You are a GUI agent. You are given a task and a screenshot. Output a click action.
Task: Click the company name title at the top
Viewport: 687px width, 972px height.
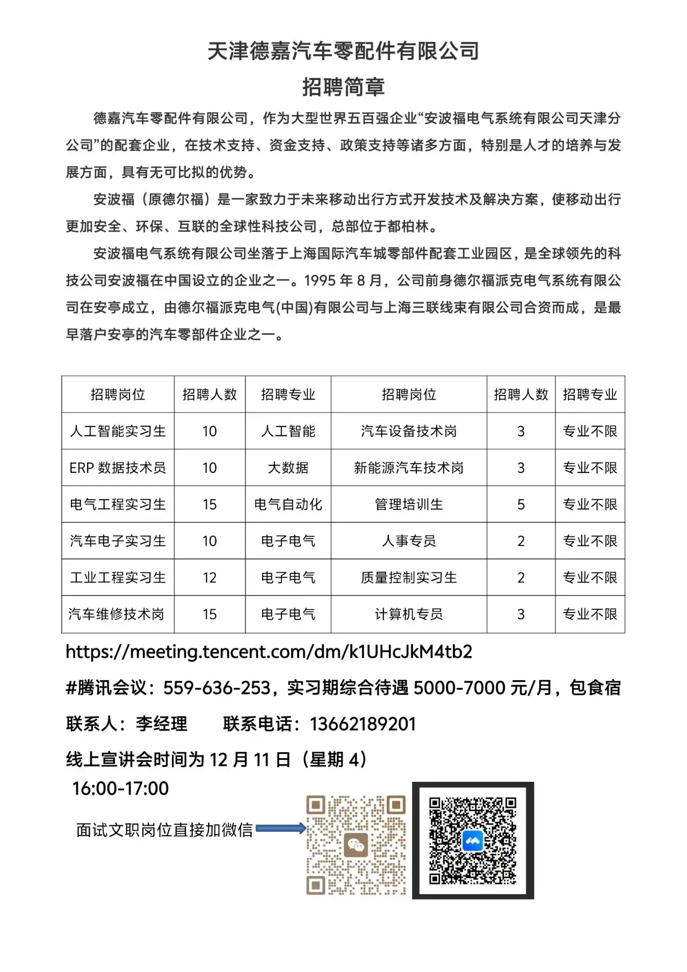343,51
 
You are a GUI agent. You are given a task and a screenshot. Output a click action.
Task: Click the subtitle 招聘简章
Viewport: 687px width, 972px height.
343,87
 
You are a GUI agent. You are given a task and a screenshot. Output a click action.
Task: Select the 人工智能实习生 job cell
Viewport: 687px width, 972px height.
118,431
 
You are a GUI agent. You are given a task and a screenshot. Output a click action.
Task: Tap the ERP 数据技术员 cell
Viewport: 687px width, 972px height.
118,467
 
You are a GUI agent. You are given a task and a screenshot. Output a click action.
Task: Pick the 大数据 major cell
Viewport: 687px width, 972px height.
288,467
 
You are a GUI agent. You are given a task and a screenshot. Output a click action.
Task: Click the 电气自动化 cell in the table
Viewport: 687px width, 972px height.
288,504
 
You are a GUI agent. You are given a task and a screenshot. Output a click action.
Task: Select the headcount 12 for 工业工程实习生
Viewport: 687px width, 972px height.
209,578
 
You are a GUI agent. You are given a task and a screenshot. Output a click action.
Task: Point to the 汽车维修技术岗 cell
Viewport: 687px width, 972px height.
117,614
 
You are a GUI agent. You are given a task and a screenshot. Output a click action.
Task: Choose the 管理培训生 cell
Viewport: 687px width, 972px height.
409,504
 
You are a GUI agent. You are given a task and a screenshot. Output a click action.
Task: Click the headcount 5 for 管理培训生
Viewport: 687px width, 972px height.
520,504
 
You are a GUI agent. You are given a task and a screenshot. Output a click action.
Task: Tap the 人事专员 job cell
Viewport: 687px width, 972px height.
409,541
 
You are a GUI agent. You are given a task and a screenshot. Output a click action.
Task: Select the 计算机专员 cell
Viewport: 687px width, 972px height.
409,614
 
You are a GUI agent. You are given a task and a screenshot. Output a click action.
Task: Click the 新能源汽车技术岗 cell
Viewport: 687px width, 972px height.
409,467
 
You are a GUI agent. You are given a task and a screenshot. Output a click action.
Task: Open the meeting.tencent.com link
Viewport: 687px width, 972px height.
269,652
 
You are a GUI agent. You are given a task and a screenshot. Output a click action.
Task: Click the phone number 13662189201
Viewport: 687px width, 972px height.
363,724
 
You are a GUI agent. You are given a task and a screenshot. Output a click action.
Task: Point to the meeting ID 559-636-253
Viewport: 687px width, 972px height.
216,688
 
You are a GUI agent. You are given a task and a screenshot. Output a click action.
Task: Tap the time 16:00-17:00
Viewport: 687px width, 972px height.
120,788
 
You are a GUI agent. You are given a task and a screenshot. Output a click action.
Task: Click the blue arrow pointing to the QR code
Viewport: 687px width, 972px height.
280,828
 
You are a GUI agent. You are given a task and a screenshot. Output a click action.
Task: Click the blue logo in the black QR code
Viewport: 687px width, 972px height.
473,841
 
